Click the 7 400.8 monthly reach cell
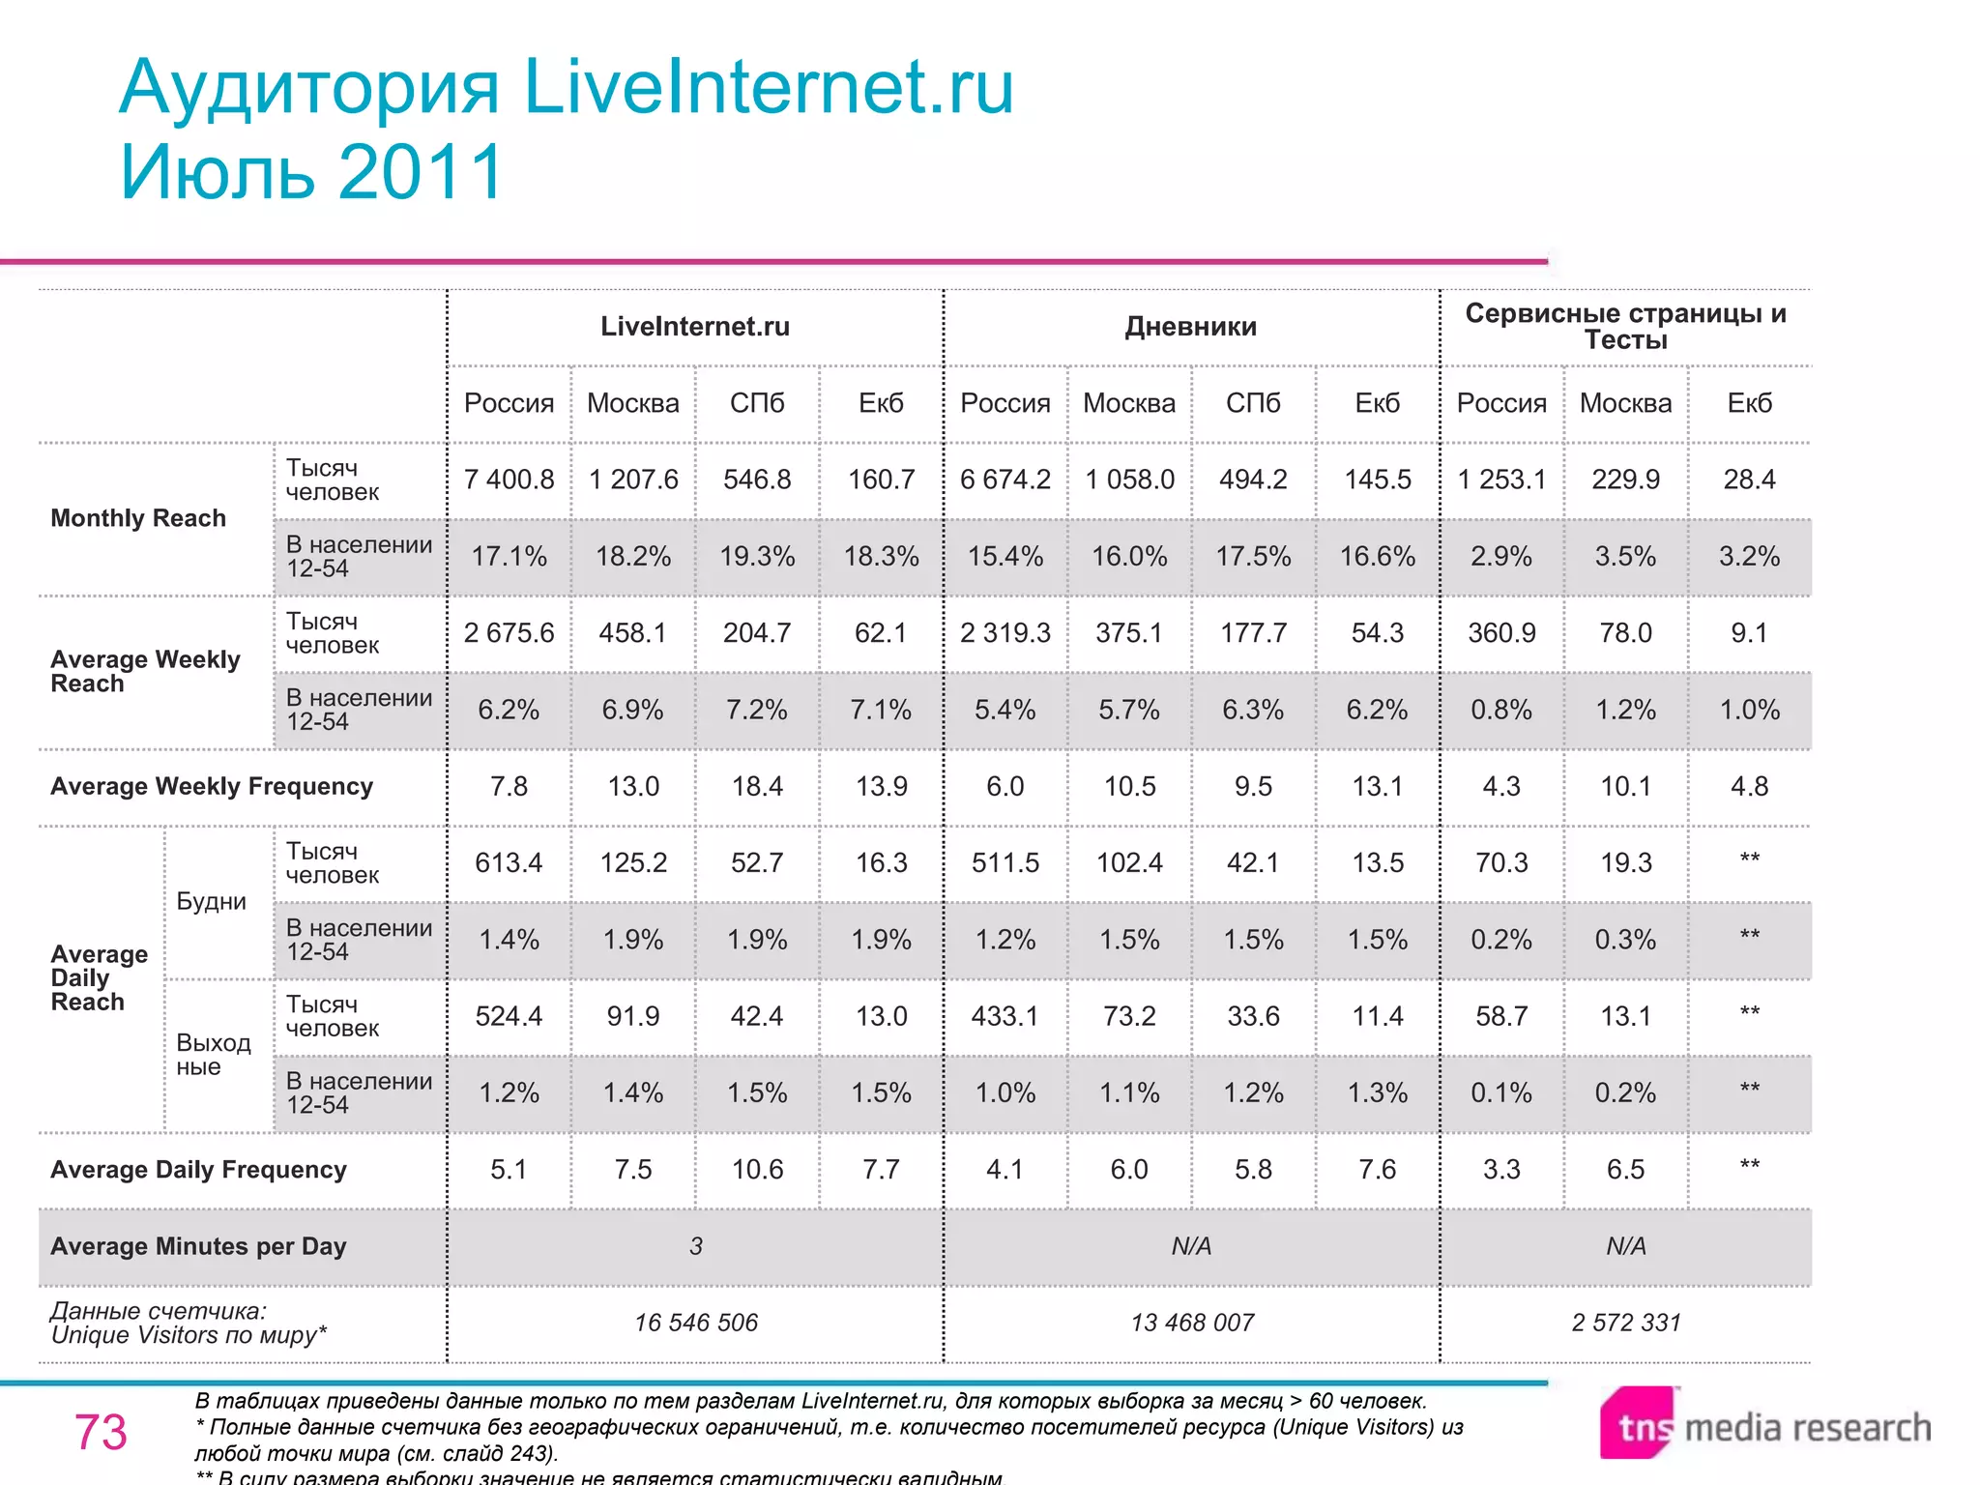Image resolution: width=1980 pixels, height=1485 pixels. [509, 480]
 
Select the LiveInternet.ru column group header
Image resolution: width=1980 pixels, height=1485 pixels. [695, 327]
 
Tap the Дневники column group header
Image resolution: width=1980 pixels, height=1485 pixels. [1190, 327]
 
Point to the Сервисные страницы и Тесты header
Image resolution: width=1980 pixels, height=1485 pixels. [1625, 326]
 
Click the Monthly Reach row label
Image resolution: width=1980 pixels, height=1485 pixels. [138, 518]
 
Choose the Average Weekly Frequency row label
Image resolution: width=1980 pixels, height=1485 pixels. [212, 786]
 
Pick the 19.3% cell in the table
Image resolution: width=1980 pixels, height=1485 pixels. [757, 556]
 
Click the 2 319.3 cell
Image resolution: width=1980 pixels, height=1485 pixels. [1005, 632]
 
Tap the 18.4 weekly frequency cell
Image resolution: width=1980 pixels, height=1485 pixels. [757, 786]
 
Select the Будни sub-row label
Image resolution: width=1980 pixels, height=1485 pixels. [211, 901]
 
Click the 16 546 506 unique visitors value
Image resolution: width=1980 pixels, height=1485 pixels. [696, 1323]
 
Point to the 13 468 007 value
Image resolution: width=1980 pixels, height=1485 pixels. [1192, 1323]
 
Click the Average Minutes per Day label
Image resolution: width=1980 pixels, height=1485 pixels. [198, 1246]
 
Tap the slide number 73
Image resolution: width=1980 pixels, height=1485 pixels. [101, 1432]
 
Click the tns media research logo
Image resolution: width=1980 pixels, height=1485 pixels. [1765, 1425]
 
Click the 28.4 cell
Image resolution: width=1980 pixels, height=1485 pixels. [1749, 480]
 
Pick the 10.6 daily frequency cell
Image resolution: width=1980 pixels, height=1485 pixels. [757, 1170]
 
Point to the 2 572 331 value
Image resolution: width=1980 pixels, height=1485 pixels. [1625, 1323]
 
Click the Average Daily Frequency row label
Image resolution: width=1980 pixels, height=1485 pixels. [198, 1170]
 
